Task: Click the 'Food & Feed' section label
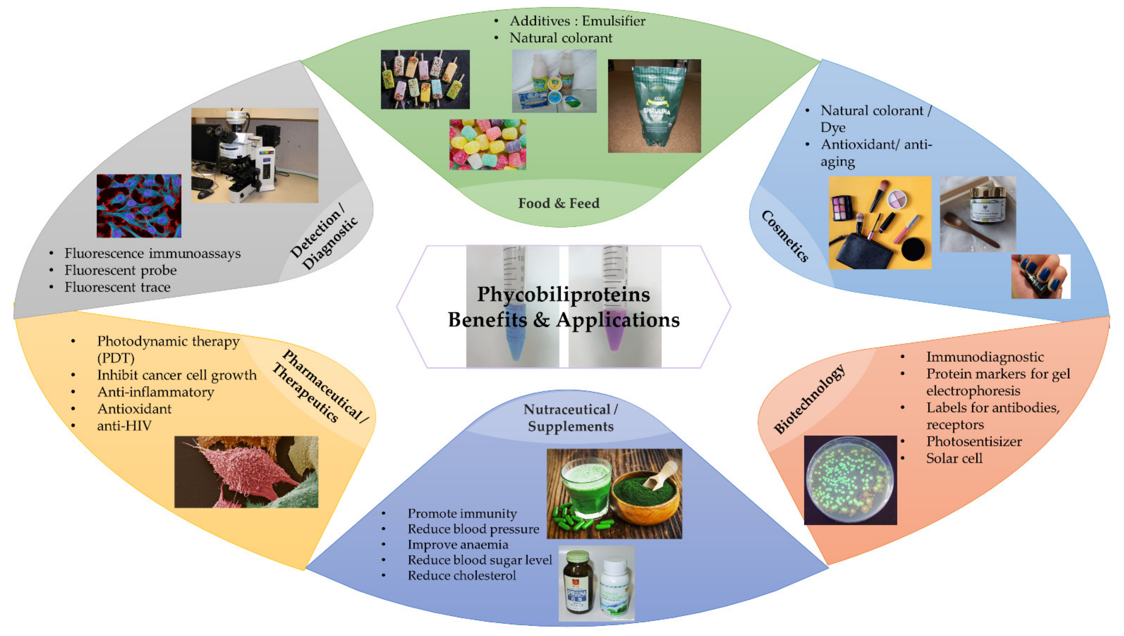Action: coord(558,203)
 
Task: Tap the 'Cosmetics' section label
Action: coord(785,236)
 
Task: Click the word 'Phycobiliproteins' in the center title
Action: coord(563,294)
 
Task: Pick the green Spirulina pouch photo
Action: coord(654,106)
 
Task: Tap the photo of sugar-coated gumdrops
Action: coord(487,145)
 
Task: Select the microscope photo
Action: coord(254,155)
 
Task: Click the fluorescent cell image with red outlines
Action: coord(139,206)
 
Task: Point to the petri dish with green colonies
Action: coord(850,480)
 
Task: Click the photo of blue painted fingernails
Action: coord(1040,277)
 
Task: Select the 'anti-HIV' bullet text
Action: coord(124,426)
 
